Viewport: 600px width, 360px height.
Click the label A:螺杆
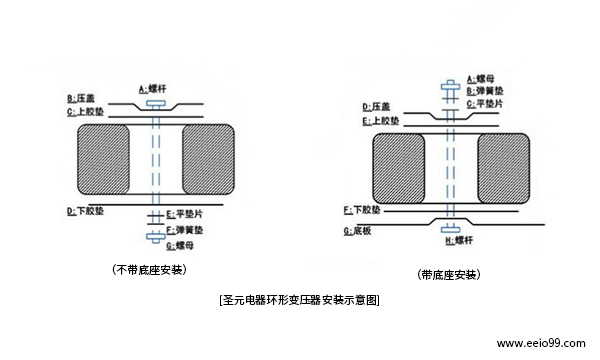pyautogui.click(x=154, y=89)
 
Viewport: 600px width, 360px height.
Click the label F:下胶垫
pyautogui.click(x=362, y=211)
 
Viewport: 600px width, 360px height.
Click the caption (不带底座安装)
pyautogui.click(x=150, y=270)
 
